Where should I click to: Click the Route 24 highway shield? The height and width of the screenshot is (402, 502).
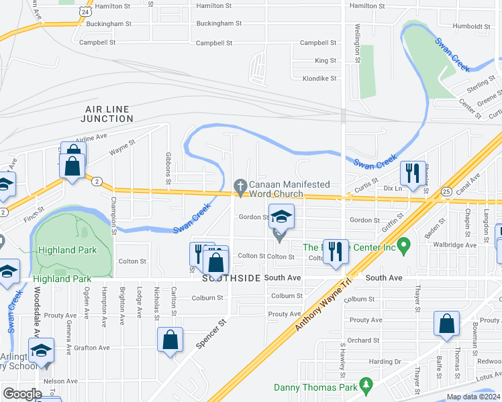pos(83,11)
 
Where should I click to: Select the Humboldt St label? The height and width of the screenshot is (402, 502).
pos(472,27)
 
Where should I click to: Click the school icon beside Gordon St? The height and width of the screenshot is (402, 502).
pos(281,216)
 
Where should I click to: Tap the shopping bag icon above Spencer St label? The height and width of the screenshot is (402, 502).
pos(170,338)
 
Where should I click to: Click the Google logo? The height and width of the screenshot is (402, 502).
pos(22,394)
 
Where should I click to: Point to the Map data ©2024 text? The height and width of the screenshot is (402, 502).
pos(473,397)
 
